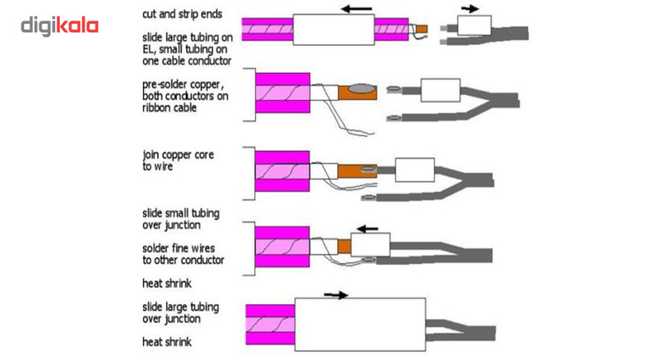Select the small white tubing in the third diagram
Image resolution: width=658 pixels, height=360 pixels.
point(415,170)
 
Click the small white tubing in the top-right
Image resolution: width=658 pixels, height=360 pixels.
point(475,26)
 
